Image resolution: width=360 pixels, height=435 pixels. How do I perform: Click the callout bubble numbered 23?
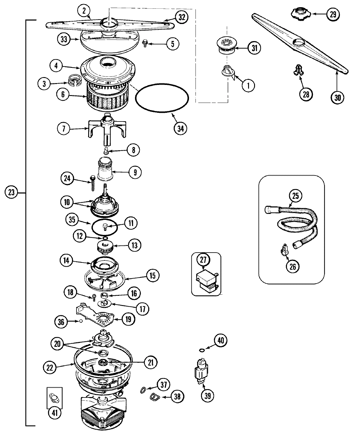tap(11, 193)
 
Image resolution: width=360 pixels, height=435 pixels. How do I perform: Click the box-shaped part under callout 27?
tap(207, 281)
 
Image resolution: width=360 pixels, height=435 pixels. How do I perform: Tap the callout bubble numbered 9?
tap(135, 172)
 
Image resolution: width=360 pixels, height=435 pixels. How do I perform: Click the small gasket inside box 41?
tap(54, 397)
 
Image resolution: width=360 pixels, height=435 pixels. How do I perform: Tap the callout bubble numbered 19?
tap(128, 319)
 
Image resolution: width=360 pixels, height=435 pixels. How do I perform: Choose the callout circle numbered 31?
tap(254, 48)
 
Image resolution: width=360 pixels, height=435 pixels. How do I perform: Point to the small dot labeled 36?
tap(80, 321)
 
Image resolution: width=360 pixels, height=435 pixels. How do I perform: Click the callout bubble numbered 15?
tap(153, 275)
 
